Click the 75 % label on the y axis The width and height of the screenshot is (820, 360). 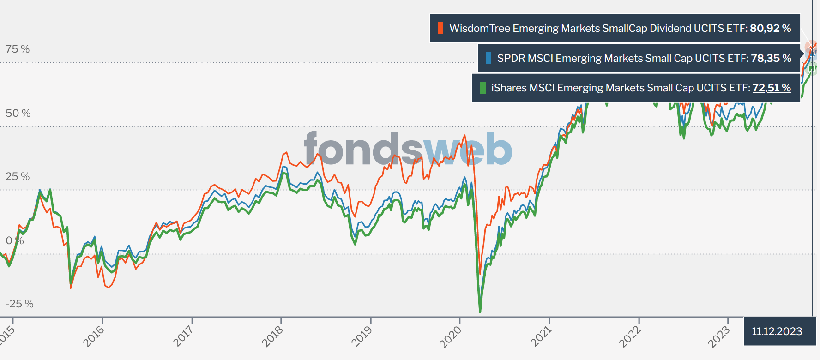[18, 49]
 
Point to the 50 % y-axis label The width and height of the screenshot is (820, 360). [18, 113]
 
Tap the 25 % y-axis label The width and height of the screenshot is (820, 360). [18, 176]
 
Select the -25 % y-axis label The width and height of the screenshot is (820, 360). [19, 304]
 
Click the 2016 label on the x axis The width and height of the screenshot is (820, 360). [94, 336]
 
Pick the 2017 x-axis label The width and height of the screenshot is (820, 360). [183, 336]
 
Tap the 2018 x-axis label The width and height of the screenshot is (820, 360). [272, 336]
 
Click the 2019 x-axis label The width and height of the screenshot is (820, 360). [362, 336]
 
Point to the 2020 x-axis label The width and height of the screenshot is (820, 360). [451, 336]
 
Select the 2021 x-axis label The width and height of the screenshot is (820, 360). [541, 336]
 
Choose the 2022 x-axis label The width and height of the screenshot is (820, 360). [630, 336]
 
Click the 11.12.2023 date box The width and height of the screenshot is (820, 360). [777, 331]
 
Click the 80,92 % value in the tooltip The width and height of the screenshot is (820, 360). [770, 28]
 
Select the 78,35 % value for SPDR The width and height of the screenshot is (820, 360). [771, 58]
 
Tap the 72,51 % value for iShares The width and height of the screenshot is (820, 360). [772, 88]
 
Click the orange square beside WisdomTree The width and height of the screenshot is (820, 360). [440, 28]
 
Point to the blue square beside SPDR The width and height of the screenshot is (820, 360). [488, 58]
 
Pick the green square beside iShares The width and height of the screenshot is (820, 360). [482, 88]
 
